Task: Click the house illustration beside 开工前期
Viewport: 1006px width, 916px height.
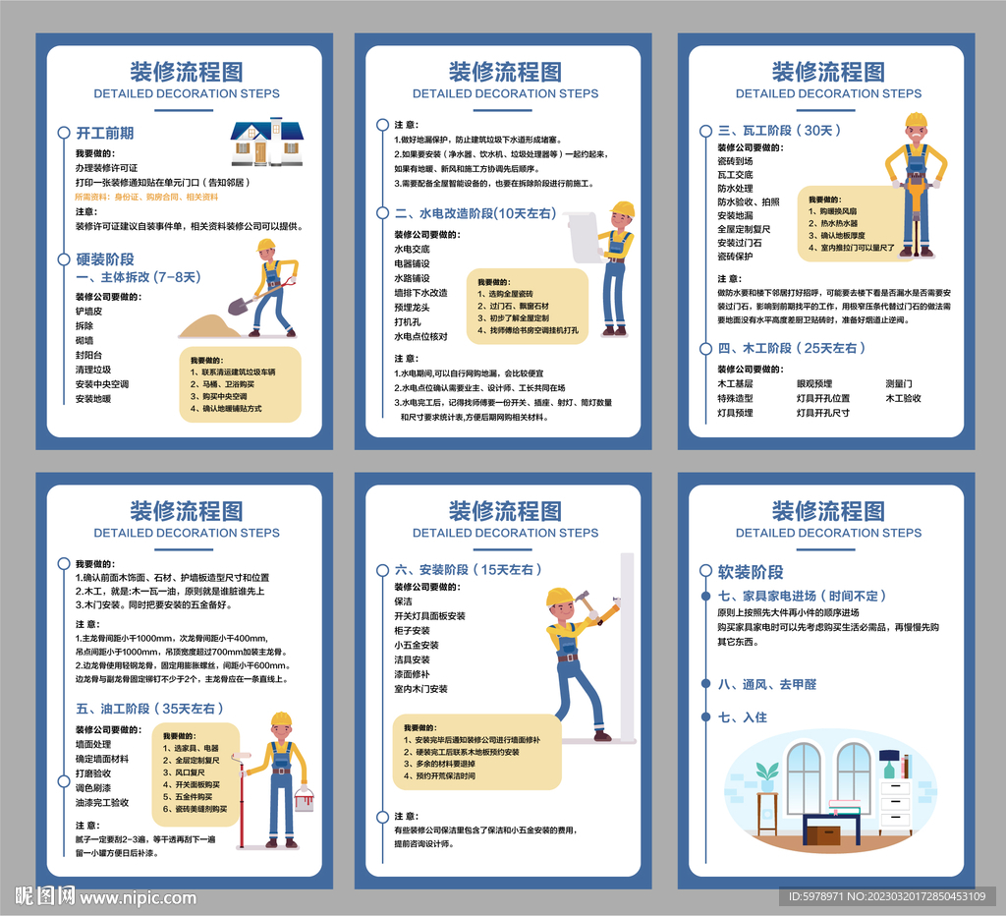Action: [266, 142]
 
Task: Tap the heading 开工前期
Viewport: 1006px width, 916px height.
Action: [105, 133]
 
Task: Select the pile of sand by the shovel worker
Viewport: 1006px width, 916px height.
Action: [207, 324]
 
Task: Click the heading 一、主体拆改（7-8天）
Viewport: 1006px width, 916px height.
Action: [138, 277]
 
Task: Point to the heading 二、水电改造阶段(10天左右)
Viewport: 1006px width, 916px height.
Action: [475, 212]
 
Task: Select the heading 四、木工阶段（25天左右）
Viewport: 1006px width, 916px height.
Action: [792, 348]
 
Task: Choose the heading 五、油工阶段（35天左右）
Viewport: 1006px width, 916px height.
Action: [150, 708]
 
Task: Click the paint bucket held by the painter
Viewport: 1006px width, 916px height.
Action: [305, 799]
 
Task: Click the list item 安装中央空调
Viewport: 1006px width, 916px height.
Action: [102, 384]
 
